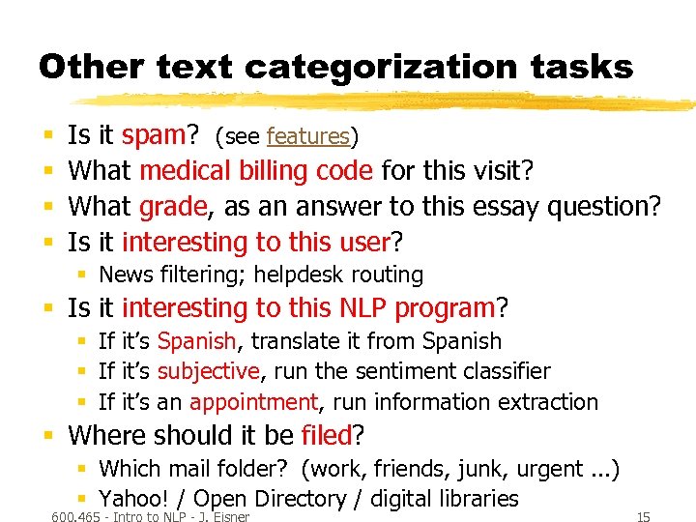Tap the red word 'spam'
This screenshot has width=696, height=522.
coord(160,136)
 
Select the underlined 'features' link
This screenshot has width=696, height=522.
coord(307,137)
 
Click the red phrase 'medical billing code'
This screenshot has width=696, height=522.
coord(256,171)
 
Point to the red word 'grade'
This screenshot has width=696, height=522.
coord(173,206)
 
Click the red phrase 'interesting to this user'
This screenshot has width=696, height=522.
coord(255,241)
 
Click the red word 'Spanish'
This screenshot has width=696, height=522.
coord(196,341)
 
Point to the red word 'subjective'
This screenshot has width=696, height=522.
coord(208,371)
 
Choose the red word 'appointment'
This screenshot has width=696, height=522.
coord(253,401)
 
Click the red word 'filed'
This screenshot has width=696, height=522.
coord(325,435)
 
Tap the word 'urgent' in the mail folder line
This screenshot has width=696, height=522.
coord(551,469)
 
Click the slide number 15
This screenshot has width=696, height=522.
coord(643,517)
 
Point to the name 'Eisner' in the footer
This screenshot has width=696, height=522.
coord(229,517)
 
